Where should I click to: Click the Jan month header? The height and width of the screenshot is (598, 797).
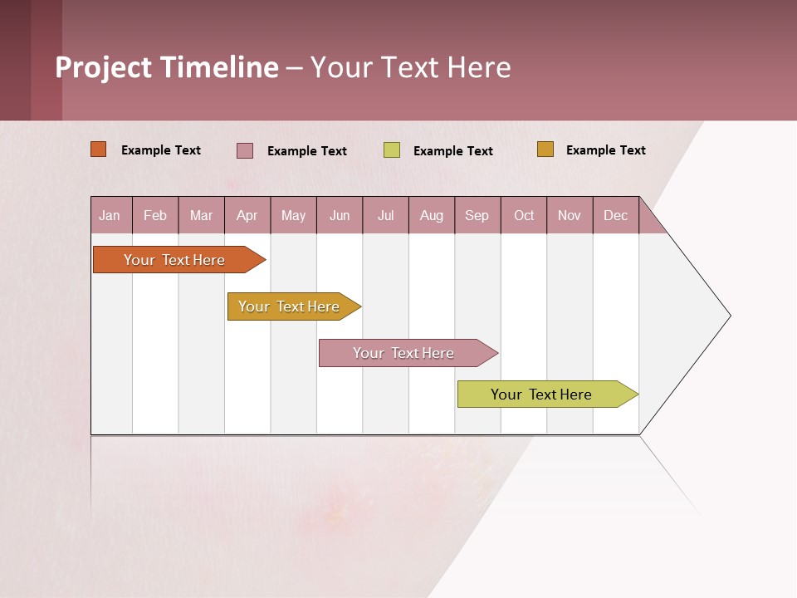click(x=110, y=215)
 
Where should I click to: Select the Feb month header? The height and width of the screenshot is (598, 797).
click(x=155, y=215)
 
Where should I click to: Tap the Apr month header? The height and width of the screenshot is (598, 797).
click(x=247, y=215)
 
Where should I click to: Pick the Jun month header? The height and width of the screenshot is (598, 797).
click(x=340, y=215)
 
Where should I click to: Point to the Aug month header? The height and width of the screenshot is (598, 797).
click(x=431, y=215)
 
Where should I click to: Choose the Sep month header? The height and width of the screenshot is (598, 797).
click(x=477, y=215)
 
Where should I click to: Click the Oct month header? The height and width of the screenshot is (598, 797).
click(x=524, y=215)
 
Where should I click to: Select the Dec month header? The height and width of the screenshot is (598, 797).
click(x=615, y=215)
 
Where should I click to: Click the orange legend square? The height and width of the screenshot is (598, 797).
click(x=99, y=149)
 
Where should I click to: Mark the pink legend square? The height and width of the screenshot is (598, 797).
click(x=245, y=150)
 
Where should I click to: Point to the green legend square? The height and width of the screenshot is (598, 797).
click(x=392, y=150)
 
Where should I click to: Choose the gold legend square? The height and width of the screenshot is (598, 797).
click(x=545, y=149)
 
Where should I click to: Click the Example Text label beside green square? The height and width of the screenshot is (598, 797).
click(x=453, y=151)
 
